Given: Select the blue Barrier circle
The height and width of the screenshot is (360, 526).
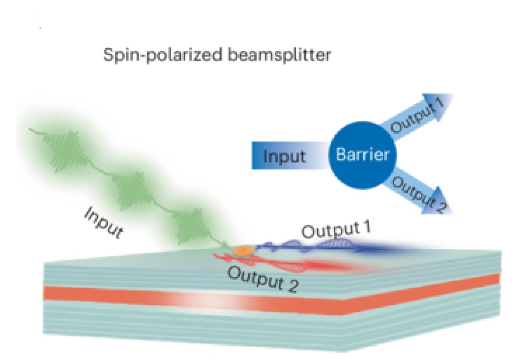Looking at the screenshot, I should pos(362,155).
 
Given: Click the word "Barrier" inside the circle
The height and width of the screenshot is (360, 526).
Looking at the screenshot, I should pos(362,155).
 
